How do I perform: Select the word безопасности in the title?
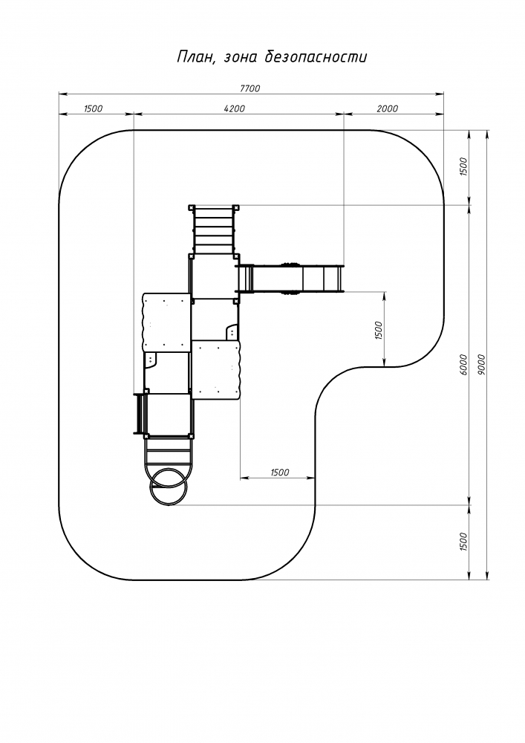pos(316,57)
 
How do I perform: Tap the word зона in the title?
pos(240,58)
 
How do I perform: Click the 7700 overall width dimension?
pos(250,88)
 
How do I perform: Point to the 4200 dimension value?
pos(235,108)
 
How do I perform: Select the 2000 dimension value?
pos(387,108)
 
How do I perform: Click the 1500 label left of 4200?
pos(93,108)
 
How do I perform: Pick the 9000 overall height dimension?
pos(482,364)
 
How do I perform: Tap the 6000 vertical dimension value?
pos(463,364)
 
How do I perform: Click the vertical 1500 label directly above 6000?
pos(463,166)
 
